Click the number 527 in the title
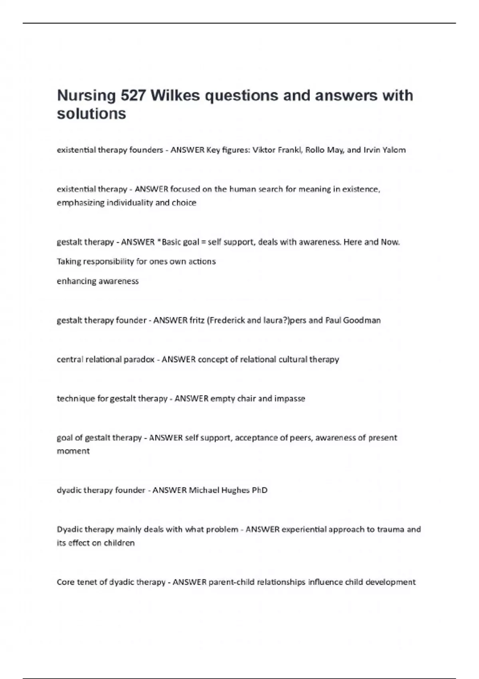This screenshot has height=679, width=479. point(133,95)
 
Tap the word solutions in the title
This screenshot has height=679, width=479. point(91,114)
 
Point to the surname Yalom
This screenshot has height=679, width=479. point(394,150)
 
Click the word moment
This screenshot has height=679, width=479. point(73,451)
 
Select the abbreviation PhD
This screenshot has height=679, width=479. point(259,490)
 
